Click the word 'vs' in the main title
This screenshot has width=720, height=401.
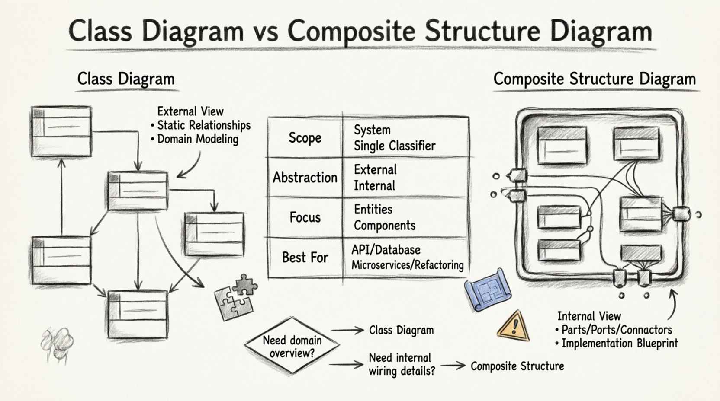pos(264,31)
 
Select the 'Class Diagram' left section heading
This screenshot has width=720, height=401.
pos(126,79)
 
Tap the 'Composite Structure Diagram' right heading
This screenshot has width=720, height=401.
pos(594,79)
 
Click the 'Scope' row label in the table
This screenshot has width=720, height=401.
pos(305,138)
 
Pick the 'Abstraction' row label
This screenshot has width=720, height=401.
pos(305,177)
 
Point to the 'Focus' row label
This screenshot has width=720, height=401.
pos(305,217)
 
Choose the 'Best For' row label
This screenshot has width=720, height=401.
pos(305,258)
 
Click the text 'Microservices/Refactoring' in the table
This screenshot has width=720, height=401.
pos(407,265)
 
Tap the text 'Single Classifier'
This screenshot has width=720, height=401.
pos(394,146)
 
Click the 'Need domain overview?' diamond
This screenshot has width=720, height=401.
pos(292,346)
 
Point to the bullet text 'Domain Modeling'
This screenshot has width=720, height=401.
pos(197,139)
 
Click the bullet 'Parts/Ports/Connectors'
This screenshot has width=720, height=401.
pos(616,330)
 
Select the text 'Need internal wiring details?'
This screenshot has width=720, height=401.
pos(401,364)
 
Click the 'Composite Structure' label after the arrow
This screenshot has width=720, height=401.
pos(517,366)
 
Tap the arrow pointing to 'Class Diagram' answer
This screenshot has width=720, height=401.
pos(348,331)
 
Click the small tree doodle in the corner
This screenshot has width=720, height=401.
pos(56,344)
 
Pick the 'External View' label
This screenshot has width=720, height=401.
pos(190,111)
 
